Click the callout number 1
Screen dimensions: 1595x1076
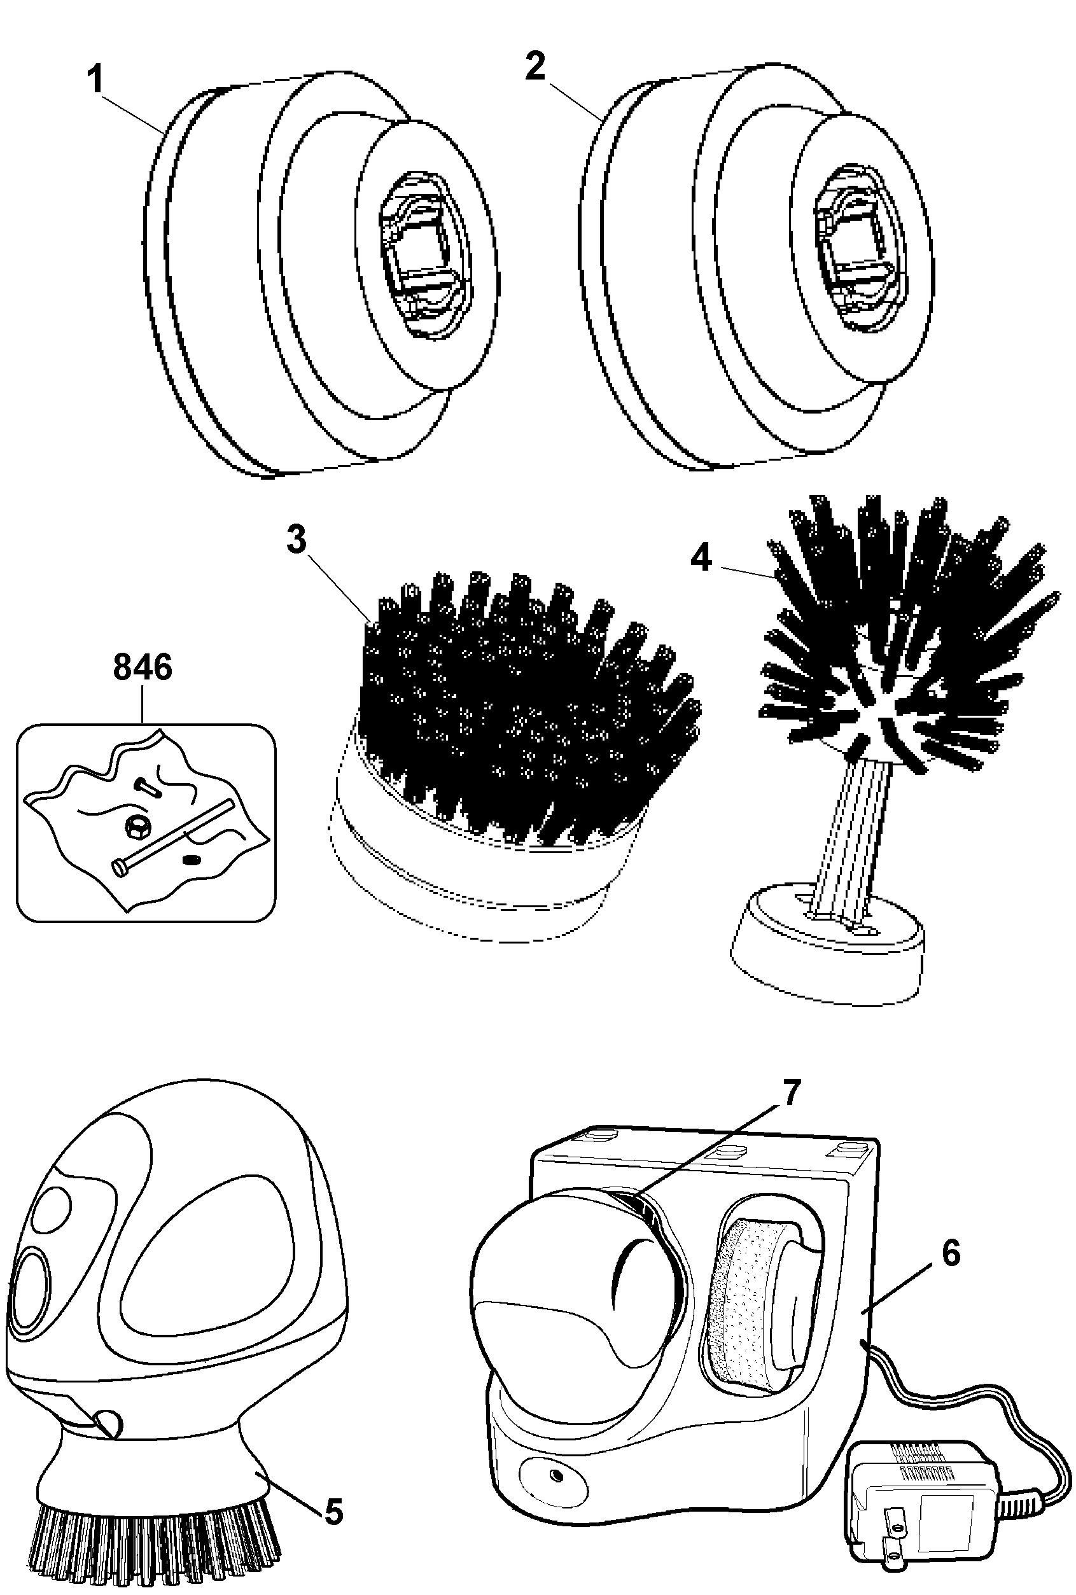[95, 80]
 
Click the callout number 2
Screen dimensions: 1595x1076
[535, 67]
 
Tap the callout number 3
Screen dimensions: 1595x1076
[297, 540]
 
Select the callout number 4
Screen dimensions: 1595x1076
[701, 558]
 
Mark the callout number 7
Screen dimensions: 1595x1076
[791, 1092]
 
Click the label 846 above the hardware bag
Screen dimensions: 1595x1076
[143, 667]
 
